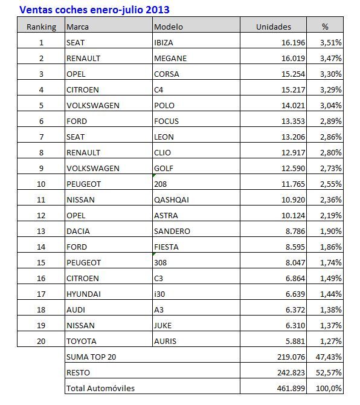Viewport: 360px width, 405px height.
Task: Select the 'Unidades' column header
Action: (273, 27)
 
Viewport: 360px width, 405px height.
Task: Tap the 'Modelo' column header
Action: (169, 27)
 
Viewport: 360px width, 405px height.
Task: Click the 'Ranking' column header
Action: (42, 27)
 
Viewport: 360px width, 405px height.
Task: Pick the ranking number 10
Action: (42, 184)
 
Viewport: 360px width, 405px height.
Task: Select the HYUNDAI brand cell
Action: (83, 294)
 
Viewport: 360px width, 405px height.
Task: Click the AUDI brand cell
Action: (76, 309)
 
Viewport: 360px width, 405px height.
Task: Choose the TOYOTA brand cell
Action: (82, 341)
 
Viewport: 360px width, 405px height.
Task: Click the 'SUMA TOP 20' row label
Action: (90, 357)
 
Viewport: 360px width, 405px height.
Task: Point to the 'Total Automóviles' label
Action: (100, 388)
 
